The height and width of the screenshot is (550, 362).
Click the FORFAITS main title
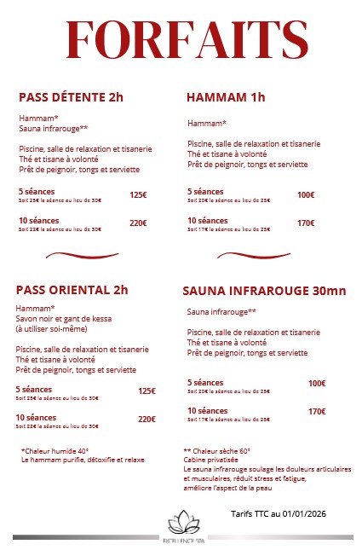click(x=187, y=39)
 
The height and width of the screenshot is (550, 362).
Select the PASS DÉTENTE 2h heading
click(x=71, y=97)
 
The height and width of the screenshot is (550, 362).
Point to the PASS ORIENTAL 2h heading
click(x=72, y=289)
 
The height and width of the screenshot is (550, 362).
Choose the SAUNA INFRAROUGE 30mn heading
click(x=264, y=291)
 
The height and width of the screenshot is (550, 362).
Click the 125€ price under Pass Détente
click(x=138, y=195)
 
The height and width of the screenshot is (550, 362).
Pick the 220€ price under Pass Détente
click(x=138, y=223)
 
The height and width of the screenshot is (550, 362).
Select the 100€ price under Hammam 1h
click(x=306, y=195)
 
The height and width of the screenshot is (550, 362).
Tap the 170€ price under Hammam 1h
click(x=306, y=223)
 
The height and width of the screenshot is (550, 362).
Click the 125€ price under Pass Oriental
click(x=147, y=391)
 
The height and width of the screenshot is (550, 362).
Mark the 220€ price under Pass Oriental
click(x=147, y=420)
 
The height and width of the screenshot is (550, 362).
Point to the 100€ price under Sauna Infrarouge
click(x=317, y=384)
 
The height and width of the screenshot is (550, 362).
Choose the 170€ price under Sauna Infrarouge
click(x=317, y=412)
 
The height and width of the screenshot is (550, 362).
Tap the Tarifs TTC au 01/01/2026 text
click(x=279, y=514)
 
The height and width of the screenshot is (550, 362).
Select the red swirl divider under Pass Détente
click(x=82, y=254)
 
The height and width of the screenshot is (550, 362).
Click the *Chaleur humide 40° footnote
click(x=55, y=451)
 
